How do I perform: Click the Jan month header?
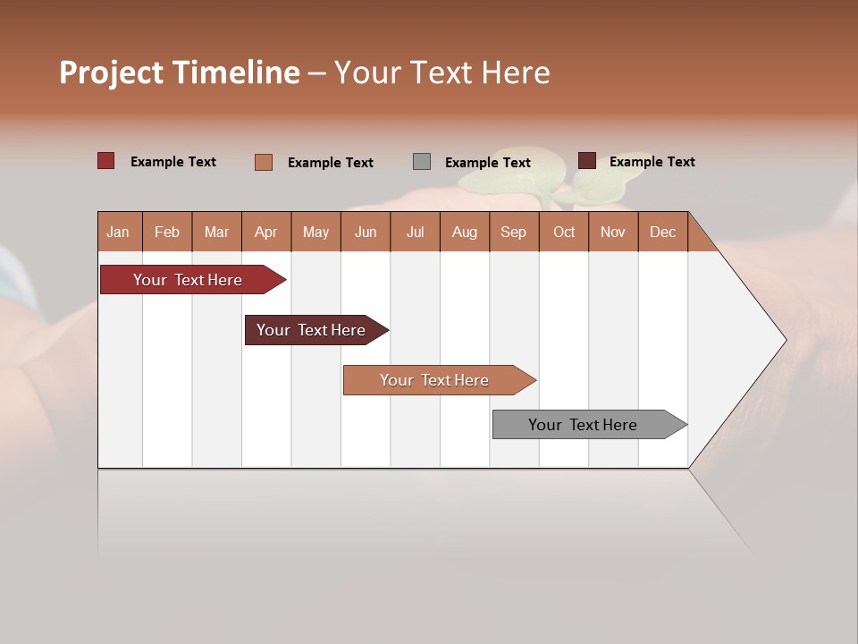coord(119,232)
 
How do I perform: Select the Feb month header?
coord(167,232)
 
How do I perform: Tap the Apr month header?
coord(265,232)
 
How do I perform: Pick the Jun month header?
coord(366,232)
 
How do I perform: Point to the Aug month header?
coord(464,232)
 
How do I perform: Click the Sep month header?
coord(513,232)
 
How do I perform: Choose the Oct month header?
coord(564,232)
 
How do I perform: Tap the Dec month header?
coord(662,232)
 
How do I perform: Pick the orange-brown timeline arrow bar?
coord(436,380)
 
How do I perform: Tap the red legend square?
coord(105,161)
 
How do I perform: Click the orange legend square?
coord(263,162)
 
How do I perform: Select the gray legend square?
coord(421,162)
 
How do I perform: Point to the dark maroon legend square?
coord(586,161)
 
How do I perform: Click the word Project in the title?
coord(112,72)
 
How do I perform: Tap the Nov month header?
coord(613,232)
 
